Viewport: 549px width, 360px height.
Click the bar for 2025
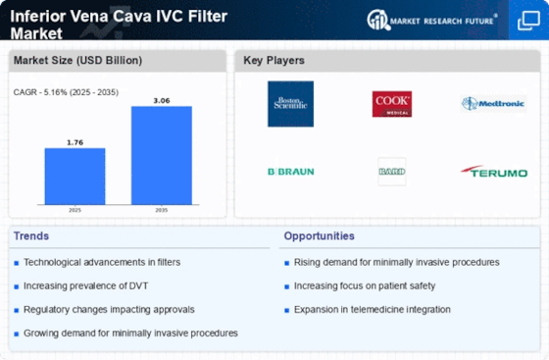point(75,179)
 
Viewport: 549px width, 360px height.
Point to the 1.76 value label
point(75,142)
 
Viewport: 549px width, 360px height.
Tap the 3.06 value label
point(161,99)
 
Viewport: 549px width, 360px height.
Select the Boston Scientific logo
point(290,104)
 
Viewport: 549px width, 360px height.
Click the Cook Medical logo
point(391,104)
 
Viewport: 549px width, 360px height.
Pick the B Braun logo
point(290,171)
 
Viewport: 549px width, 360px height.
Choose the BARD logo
point(391,171)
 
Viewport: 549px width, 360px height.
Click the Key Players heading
point(274,61)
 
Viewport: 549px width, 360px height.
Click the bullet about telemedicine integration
point(372,309)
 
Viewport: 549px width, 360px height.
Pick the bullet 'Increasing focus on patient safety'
point(365,285)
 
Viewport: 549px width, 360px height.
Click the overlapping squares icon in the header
point(526,20)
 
